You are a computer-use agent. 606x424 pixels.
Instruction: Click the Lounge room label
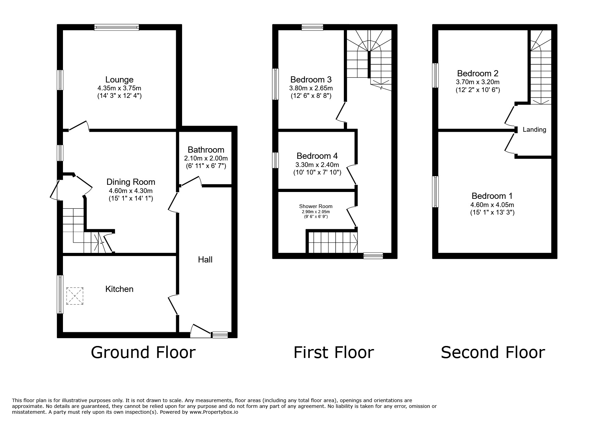click(x=119, y=80)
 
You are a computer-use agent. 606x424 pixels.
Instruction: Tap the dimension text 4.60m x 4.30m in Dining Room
click(x=130, y=191)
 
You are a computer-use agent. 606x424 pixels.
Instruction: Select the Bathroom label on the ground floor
click(x=206, y=150)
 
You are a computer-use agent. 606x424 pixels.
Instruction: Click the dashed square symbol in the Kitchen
click(x=75, y=296)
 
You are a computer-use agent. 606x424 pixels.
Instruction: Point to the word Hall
click(x=205, y=260)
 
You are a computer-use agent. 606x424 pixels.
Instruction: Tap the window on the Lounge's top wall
click(x=117, y=27)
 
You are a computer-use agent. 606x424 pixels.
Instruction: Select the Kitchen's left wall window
click(x=60, y=294)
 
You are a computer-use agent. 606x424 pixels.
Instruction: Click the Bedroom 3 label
click(x=311, y=80)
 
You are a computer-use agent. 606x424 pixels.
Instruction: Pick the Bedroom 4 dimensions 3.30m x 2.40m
click(x=317, y=165)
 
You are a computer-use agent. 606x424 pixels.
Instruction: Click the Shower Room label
click(x=315, y=206)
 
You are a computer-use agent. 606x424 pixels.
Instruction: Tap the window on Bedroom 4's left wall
click(x=275, y=160)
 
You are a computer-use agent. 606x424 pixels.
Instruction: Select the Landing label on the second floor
click(x=534, y=130)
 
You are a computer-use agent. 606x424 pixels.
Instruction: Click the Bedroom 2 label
click(x=477, y=73)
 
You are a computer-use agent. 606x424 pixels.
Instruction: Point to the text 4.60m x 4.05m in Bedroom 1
click(x=492, y=205)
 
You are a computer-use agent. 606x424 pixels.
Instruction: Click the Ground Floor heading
click(x=143, y=352)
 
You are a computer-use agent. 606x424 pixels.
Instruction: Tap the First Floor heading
click(x=333, y=352)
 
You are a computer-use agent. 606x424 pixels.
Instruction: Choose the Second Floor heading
click(x=492, y=352)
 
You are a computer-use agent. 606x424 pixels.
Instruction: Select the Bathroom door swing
click(x=191, y=182)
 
